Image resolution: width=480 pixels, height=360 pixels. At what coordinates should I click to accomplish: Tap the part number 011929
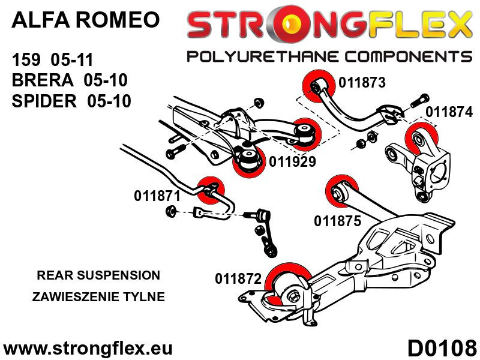pyautogui.click(x=292, y=161)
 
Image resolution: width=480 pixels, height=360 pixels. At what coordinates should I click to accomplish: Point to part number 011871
pyautogui.click(x=157, y=196)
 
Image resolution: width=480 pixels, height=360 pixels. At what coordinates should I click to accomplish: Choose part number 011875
pyautogui.click(x=337, y=221)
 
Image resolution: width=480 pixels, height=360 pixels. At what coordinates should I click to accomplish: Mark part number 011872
pyautogui.click(x=238, y=278)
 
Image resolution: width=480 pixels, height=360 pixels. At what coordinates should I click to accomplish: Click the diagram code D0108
pyautogui.click(x=442, y=347)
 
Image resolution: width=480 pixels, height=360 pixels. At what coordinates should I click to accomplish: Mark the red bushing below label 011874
pyautogui.click(x=421, y=137)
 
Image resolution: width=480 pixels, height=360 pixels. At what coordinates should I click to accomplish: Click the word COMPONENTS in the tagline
pyautogui.click(x=404, y=56)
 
